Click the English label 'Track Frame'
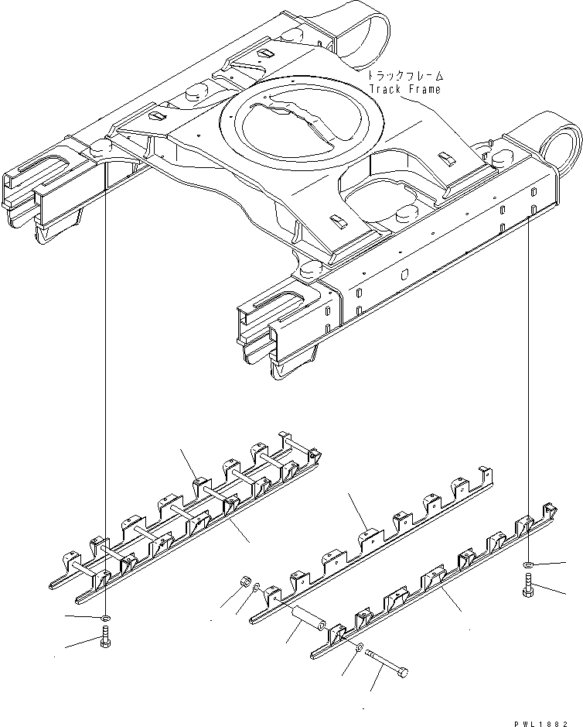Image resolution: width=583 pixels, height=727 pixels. coord(405,89)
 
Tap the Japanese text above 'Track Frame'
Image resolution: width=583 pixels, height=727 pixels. coord(405,76)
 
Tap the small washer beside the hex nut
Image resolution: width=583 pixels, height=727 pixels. coord(257,588)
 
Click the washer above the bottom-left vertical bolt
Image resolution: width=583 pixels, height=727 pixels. coord(104,618)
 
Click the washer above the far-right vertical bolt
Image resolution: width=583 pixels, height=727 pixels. coord(528,564)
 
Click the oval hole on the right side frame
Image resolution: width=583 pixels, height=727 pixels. coord(404,274)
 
